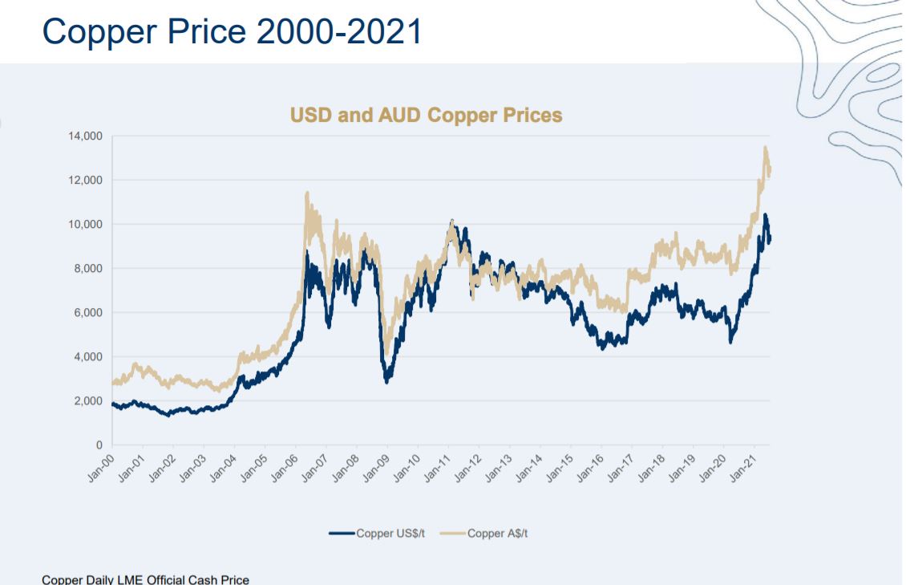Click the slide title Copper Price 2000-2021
233,31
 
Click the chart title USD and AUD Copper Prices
426,115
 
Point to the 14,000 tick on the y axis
86,136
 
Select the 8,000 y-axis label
88,269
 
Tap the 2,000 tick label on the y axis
88,401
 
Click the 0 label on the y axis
99,445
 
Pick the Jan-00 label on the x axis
100,468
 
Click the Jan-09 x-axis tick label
376,468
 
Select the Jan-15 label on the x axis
560,468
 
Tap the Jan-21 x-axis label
743,468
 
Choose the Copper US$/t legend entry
378,534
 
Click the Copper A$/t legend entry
484,534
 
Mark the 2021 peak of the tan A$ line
765,148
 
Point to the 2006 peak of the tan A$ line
307,193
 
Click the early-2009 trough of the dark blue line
386,381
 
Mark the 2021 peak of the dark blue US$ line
765,215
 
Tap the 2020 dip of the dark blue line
731,342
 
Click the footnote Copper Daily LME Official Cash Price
146,579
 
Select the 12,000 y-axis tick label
86,181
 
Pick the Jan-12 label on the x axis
468,468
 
